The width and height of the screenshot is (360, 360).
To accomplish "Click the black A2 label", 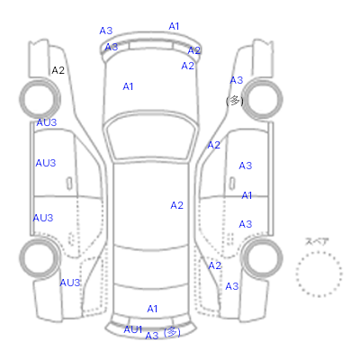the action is click(x=58, y=70).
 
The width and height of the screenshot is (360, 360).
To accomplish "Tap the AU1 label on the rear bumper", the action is click(x=133, y=329).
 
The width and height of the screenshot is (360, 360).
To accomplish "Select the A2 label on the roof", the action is click(x=176, y=205).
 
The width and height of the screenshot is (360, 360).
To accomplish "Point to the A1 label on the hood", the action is click(x=128, y=86).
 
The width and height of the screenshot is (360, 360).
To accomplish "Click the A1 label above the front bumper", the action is click(x=174, y=26).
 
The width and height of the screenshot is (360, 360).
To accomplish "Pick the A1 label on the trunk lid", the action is click(x=152, y=309).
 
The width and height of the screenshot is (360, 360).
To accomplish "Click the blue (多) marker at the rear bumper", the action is click(x=172, y=332).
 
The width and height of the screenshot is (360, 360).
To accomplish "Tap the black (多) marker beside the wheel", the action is click(x=235, y=101).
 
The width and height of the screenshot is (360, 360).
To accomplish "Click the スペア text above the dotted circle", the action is click(x=317, y=241).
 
